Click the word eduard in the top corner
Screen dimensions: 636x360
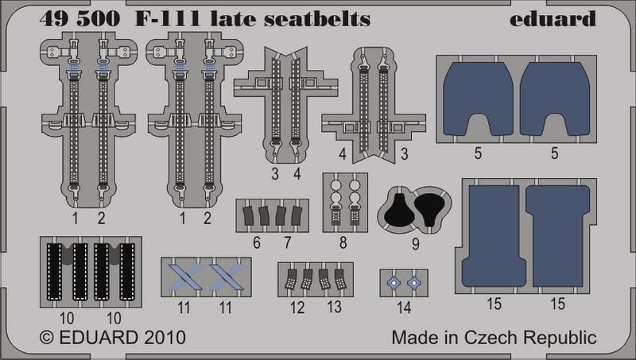[553, 18]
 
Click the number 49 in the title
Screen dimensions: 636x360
[52, 19]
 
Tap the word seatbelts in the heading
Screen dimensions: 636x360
[317, 19]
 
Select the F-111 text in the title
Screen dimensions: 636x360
[168, 19]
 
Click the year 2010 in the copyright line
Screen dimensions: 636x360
[165, 337]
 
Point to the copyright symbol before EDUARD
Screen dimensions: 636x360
[47, 338]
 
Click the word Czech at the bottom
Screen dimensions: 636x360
[491, 337]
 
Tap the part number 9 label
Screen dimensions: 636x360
[415, 244]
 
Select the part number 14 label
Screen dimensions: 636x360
[404, 308]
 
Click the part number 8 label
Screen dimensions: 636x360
[343, 243]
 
